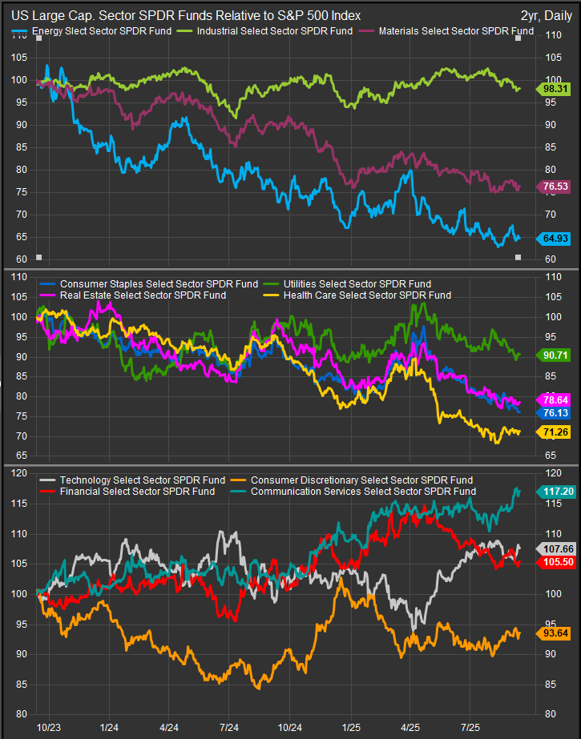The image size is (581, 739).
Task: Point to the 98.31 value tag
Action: (553, 89)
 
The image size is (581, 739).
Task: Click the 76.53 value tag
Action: (553, 186)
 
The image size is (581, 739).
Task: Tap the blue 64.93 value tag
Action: (553, 238)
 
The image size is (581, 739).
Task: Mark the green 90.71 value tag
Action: (553, 354)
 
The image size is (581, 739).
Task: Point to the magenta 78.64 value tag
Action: (553, 399)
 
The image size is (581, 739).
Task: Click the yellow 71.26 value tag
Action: (553, 432)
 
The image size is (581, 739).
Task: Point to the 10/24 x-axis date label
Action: (289, 727)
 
